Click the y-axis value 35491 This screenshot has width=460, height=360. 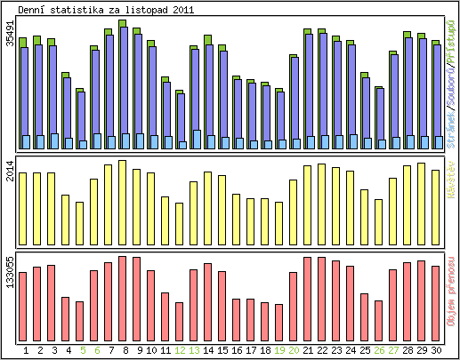tap(11, 45)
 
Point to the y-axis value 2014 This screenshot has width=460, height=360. tap(11, 171)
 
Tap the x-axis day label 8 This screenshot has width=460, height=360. tap(123, 351)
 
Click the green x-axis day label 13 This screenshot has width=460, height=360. tap(194, 351)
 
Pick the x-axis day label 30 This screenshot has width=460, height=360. tap(436, 351)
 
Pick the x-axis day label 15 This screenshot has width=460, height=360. tap(222, 351)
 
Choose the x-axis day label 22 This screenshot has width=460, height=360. tap(322, 351)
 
